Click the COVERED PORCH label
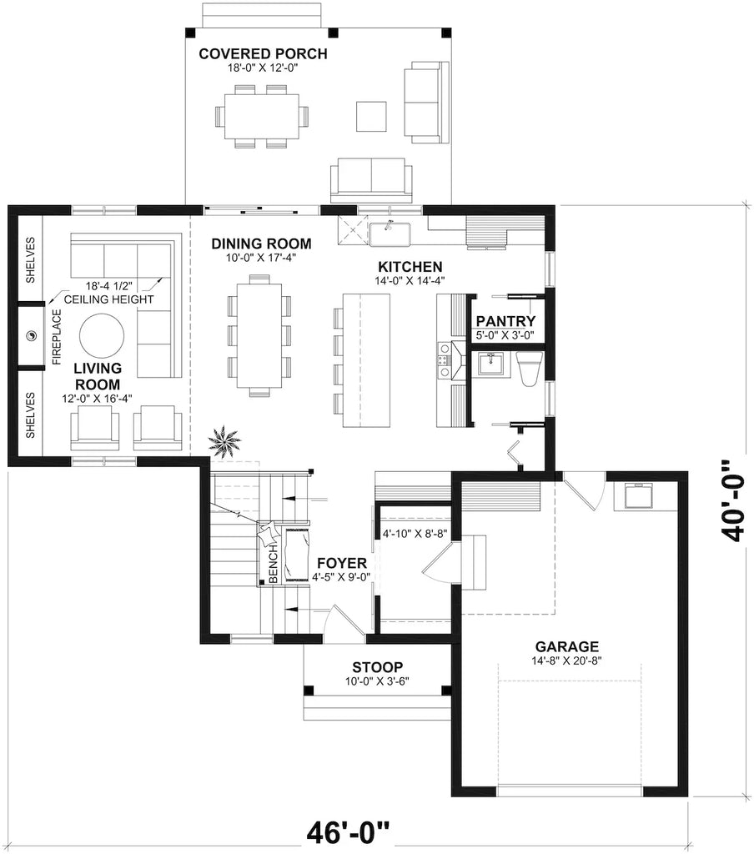coord(263,55)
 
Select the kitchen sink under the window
coord(390,234)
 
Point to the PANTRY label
coord(505,322)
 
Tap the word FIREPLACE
coord(58,337)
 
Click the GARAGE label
coord(567,646)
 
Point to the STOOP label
coord(377,667)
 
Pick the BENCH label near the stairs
coord(273,564)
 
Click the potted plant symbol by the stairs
coord(224,437)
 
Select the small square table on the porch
coord(370,115)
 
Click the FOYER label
coord(341,564)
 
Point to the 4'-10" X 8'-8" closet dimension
coord(415,533)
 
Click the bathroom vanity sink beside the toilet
coord(490,365)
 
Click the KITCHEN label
coord(408,266)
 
